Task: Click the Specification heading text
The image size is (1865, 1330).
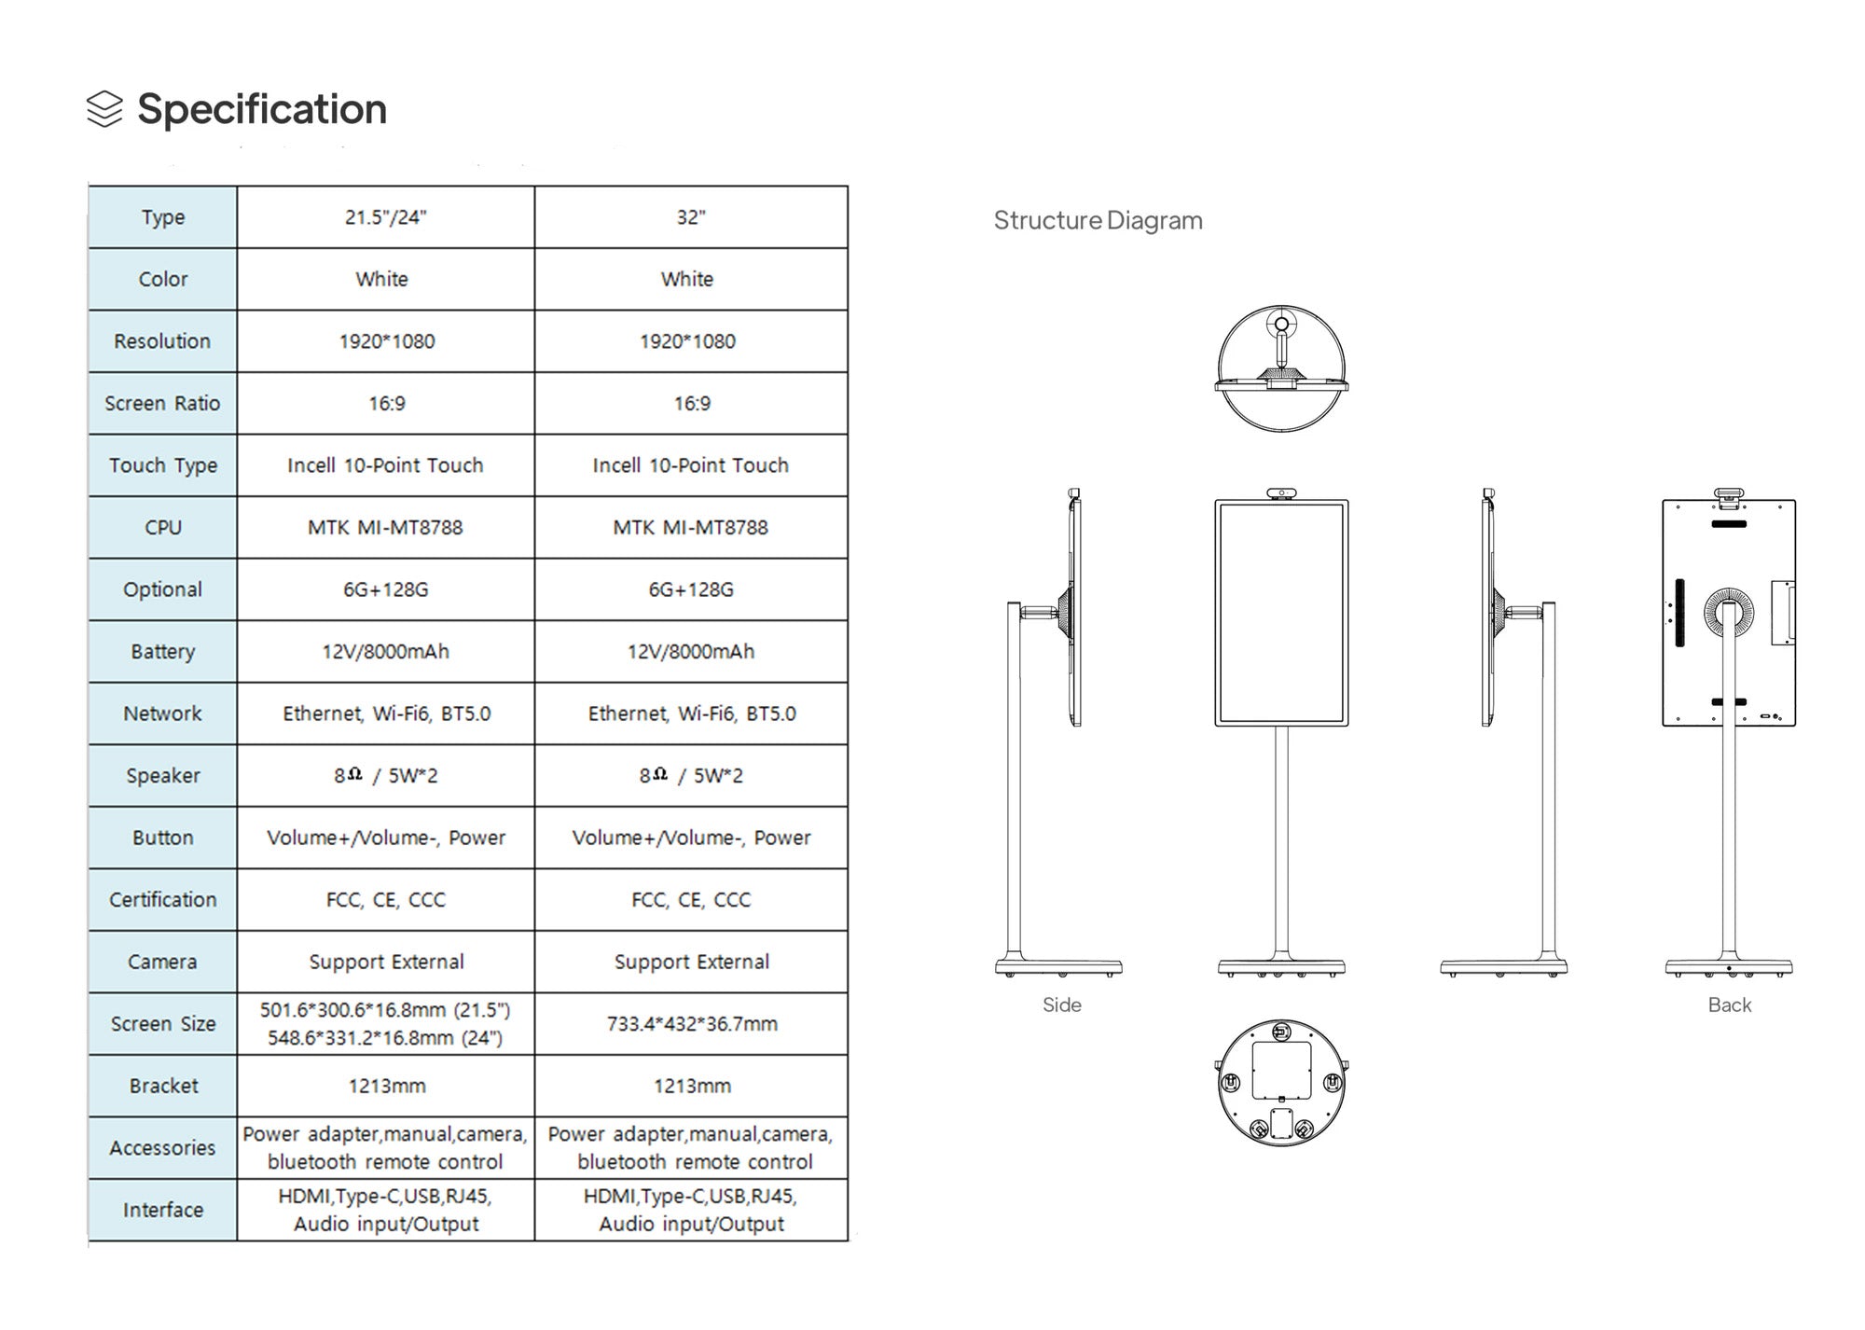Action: (x=261, y=109)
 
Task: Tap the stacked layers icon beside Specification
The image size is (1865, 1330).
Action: (x=104, y=109)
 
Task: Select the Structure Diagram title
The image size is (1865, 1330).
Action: (x=1098, y=221)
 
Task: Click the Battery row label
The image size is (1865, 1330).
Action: (x=163, y=652)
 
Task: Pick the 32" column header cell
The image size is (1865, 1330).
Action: (x=691, y=217)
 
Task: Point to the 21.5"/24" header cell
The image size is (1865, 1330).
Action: (x=385, y=217)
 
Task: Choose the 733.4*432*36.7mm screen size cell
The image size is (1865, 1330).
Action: (x=691, y=1024)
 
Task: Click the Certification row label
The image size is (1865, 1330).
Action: (x=163, y=900)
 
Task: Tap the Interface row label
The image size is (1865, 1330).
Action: (x=163, y=1210)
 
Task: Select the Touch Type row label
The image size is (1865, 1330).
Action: (x=163, y=465)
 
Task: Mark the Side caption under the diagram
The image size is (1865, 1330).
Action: (x=1061, y=1005)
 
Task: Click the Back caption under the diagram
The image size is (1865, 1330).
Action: (x=1729, y=1005)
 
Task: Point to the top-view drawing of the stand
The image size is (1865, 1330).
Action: (x=1281, y=368)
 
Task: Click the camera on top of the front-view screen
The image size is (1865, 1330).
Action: (x=1281, y=492)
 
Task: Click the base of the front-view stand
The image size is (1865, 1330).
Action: (x=1281, y=967)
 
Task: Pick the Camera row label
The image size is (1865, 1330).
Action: (x=163, y=962)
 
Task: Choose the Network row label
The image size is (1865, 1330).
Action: (x=163, y=713)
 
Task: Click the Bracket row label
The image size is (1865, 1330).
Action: (x=163, y=1086)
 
